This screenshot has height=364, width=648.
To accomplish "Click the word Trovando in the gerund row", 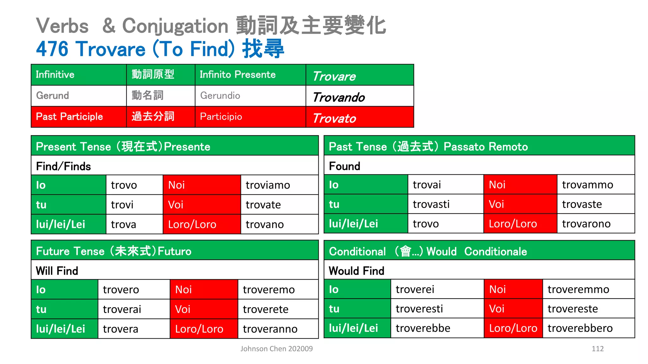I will pyautogui.click(x=339, y=97).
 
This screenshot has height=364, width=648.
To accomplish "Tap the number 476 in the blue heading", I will pyautogui.click(x=52, y=49).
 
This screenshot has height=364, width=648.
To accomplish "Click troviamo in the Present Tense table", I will pyautogui.click(x=268, y=185).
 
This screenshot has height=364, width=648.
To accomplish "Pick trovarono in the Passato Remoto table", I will pyautogui.click(x=586, y=224).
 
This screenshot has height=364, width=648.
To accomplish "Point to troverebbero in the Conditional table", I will pyautogui.click(x=580, y=328).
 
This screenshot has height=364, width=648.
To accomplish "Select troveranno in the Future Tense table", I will pyautogui.click(x=270, y=329).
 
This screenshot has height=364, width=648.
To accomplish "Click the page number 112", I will pyautogui.click(x=597, y=349).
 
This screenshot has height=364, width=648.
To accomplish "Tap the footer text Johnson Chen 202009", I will pyautogui.click(x=276, y=349).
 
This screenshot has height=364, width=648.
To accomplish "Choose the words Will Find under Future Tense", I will pyautogui.click(x=57, y=271).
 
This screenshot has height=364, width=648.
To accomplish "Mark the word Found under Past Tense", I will pyautogui.click(x=345, y=166).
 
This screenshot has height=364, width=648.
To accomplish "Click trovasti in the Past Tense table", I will pyautogui.click(x=431, y=204).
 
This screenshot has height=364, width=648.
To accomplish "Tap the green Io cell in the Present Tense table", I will pyautogui.click(x=68, y=185).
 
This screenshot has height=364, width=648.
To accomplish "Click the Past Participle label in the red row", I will pyautogui.click(x=69, y=117).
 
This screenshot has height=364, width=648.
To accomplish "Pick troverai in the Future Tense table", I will pyautogui.click(x=122, y=309).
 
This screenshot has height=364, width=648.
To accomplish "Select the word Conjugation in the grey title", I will pyautogui.click(x=175, y=26).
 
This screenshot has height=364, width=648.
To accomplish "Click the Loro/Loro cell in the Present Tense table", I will pyautogui.click(x=201, y=224).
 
